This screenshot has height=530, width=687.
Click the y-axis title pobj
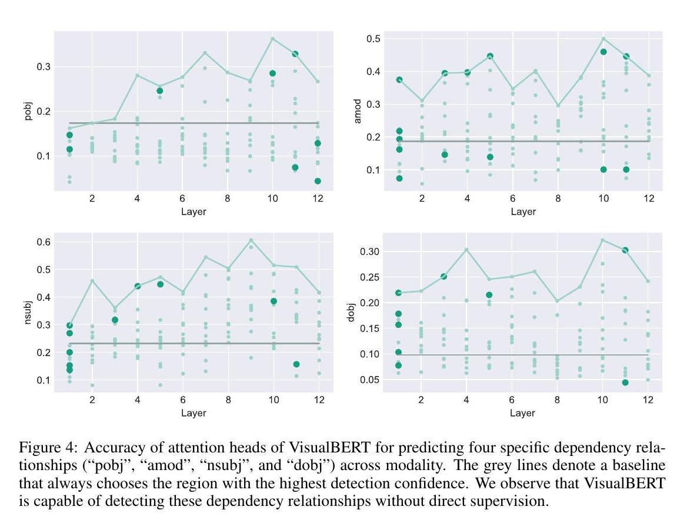point(28,111)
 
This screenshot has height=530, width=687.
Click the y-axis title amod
point(357,111)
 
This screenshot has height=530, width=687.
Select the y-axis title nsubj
point(28,312)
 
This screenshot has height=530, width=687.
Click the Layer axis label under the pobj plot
point(194,212)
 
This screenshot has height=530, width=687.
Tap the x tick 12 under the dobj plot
point(648,400)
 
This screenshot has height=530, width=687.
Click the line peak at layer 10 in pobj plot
point(273,38)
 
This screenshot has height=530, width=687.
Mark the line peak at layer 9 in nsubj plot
point(251,240)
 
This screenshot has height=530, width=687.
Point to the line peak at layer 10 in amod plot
point(603,39)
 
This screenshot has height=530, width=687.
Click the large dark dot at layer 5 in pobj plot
point(160,90)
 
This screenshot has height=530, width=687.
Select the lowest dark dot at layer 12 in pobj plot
point(318,181)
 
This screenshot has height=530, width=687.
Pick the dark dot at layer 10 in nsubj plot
point(274,301)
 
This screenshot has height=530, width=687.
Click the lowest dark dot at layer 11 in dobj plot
point(625,383)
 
